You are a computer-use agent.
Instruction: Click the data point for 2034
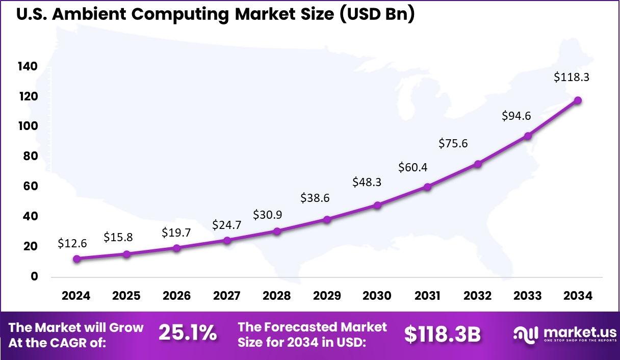coord(578,100)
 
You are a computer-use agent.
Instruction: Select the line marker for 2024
coord(76,259)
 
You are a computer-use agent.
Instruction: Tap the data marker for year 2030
coord(377,205)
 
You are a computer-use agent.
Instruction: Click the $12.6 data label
coord(72,243)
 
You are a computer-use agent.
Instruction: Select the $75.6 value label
coord(453,144)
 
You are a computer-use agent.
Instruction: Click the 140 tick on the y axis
coord(28,66)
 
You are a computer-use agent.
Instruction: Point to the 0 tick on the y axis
coord(35,276)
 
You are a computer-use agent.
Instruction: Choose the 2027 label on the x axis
coord(227,296)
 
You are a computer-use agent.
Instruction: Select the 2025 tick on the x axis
coord(126,296)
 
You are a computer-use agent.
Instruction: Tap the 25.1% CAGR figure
coord(187,333)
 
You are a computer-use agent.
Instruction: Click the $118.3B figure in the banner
coord(443,334)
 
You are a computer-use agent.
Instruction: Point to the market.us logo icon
coord(526,334)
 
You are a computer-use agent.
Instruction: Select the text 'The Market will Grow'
coord(76,327)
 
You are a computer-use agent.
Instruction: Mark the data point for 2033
coord(528,136)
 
